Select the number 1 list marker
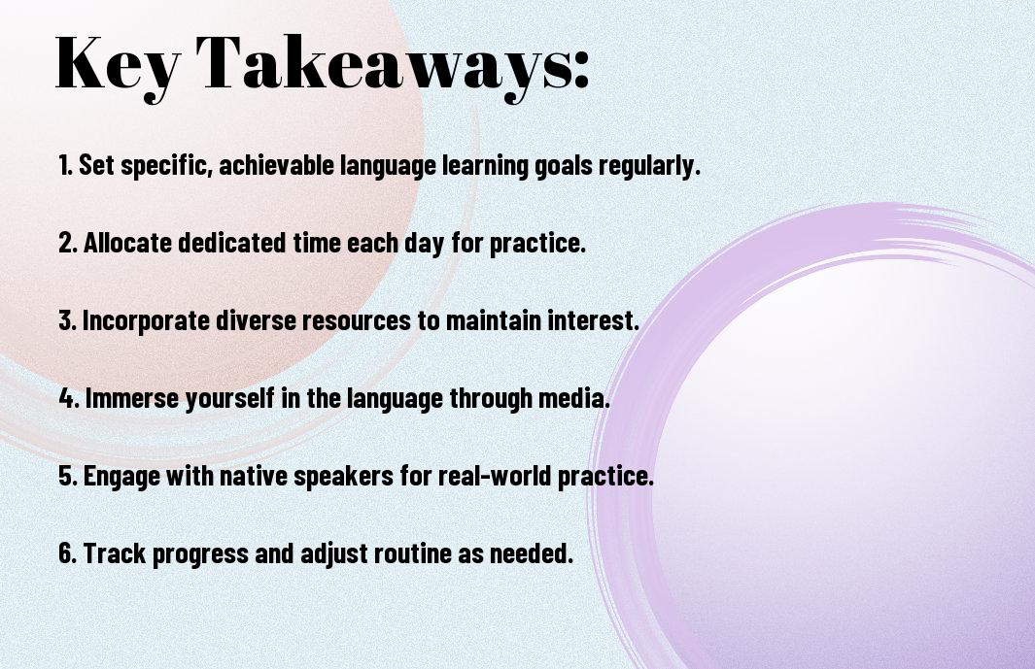click(x=65, y=166)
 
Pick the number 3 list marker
click(x=66, y=320)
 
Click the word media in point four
click(x=579, y=398)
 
